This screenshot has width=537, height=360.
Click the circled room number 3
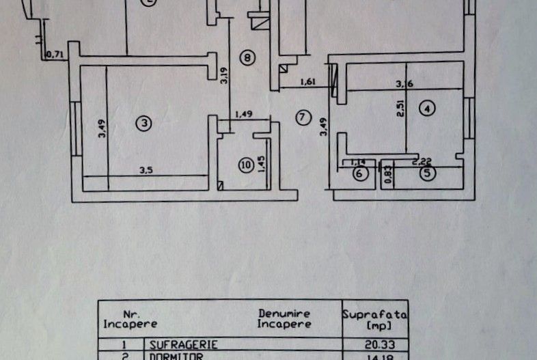[x=143, y=123]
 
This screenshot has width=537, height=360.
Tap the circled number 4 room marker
[x=427, y=107]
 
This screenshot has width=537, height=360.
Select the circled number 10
[x=245, y=165]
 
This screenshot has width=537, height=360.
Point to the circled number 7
[x=303, y=117]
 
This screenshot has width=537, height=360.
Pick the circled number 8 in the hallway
[x=247, y=57]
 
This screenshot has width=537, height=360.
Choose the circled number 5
[x=427, y=174]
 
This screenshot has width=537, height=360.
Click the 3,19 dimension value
[x=223, y=72]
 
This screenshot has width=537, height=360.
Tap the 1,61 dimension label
[x=308, y=83]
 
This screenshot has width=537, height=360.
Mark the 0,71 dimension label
[x=54, y=54]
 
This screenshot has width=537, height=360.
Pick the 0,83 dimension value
[x=387, y=175]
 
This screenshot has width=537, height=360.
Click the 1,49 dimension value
[x=243, y=115]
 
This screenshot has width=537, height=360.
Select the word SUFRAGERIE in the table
[x=179, y=345]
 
